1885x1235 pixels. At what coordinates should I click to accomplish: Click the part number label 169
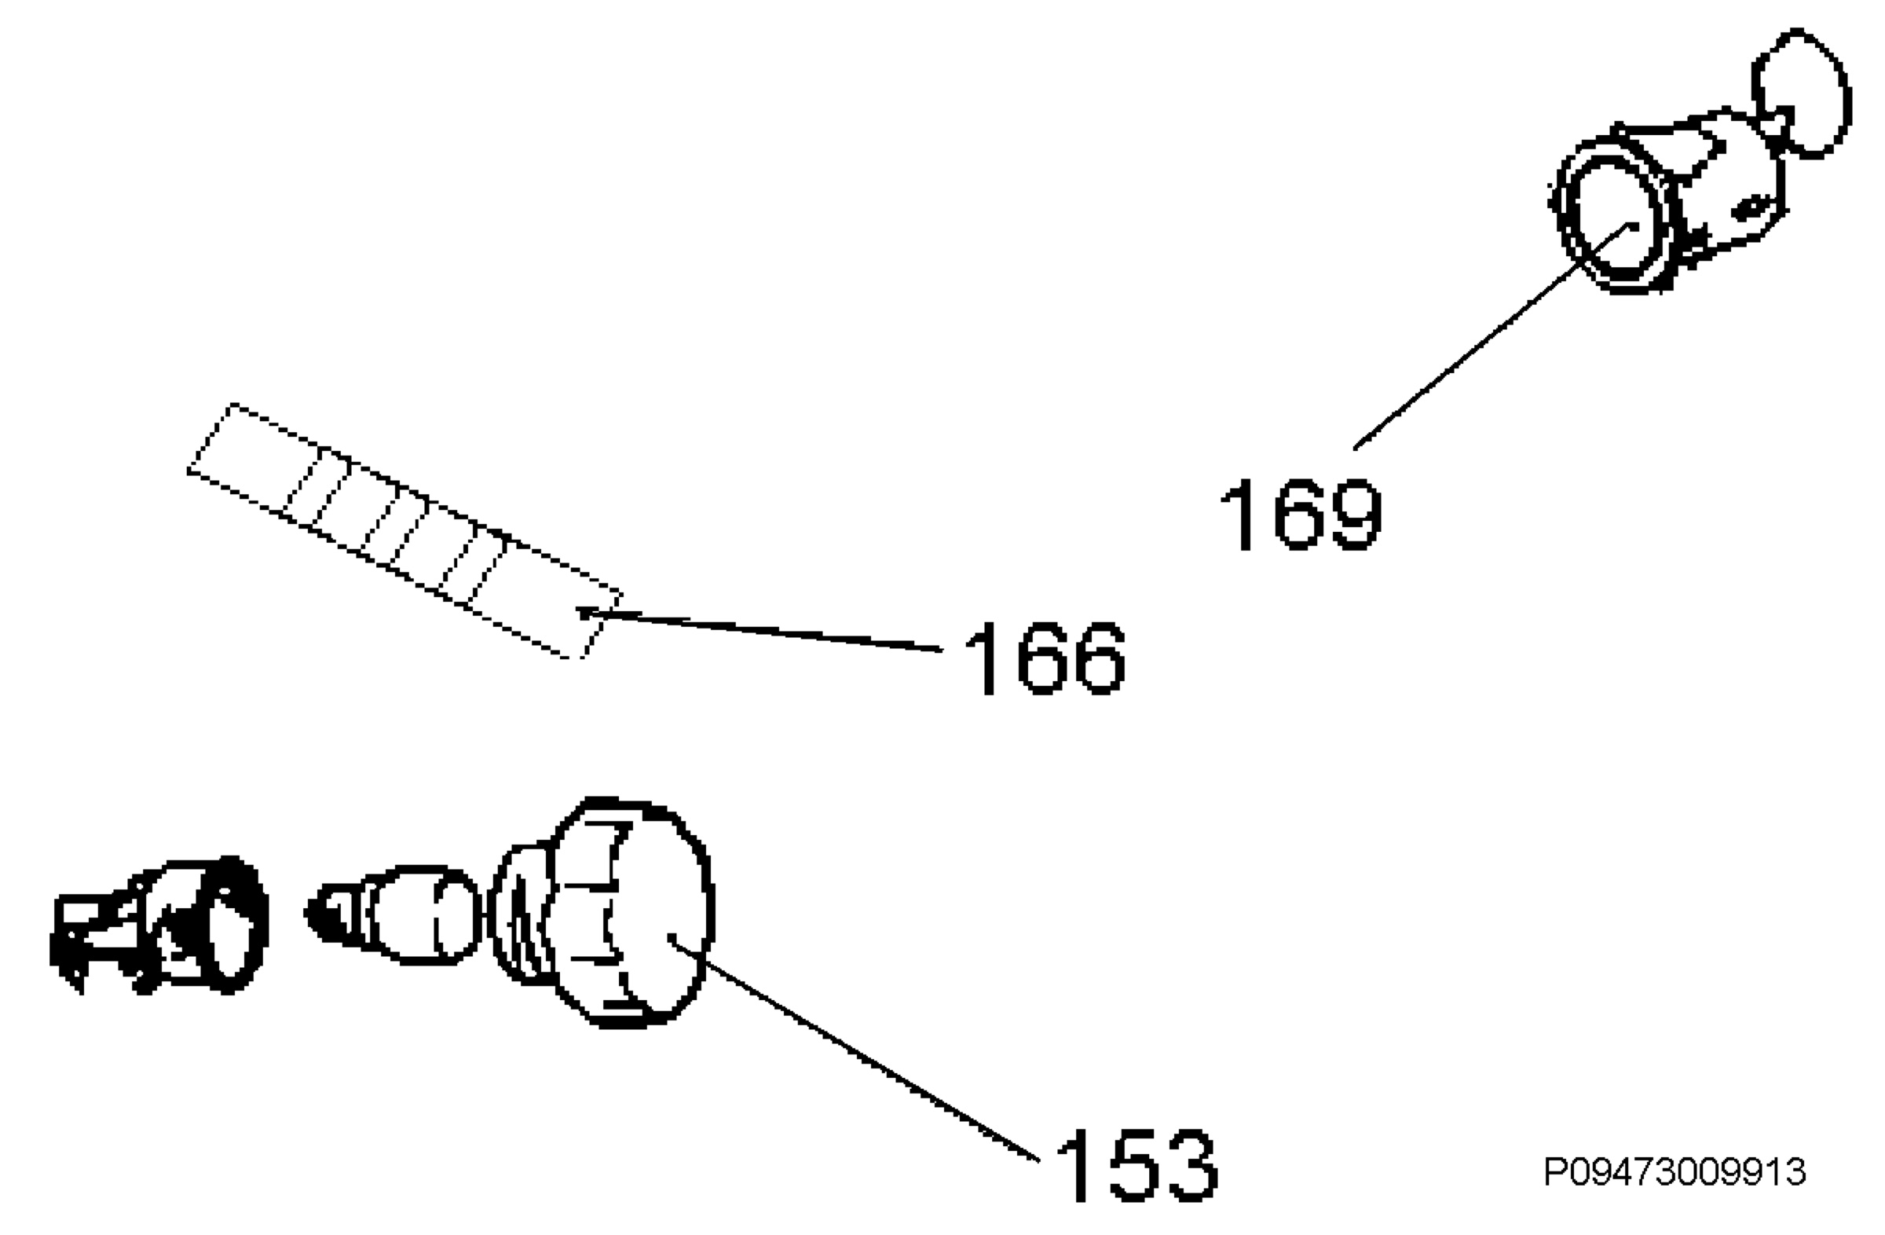click(1301, 514)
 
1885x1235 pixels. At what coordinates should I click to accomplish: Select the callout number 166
click(1045, 658)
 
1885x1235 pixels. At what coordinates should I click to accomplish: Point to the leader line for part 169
click(1495, 337)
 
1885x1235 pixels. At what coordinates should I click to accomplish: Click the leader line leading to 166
click(760, 632)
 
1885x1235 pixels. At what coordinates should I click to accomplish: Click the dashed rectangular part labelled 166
click(404, 531)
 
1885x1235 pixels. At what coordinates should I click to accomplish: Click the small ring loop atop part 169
click(1800, 93)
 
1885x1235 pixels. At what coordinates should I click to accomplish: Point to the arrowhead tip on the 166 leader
click(580, 610)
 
